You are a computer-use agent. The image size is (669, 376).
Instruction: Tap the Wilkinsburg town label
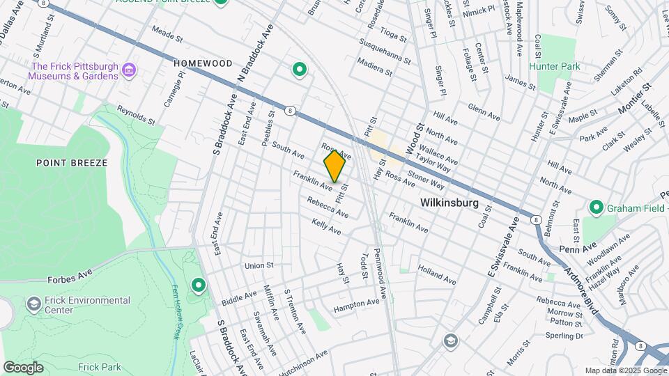coord(449,203)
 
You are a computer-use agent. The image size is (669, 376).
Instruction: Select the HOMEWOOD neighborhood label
coord(203,63)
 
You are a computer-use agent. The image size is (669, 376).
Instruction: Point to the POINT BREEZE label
coord(72,163)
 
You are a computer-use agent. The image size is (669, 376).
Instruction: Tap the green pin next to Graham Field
coord(596,207)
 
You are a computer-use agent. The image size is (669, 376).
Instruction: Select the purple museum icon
coord(128,70)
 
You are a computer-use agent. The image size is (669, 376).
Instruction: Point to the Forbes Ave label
coord(70,278)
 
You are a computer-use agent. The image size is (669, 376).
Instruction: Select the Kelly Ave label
coord(327,226)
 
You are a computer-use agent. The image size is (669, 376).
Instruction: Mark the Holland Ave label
coord(437,274)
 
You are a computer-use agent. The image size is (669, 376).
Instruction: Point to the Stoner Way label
coord(426,180)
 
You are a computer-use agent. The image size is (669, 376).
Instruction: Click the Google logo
coord(23,367)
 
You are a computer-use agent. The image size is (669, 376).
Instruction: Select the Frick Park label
coord(99,367)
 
